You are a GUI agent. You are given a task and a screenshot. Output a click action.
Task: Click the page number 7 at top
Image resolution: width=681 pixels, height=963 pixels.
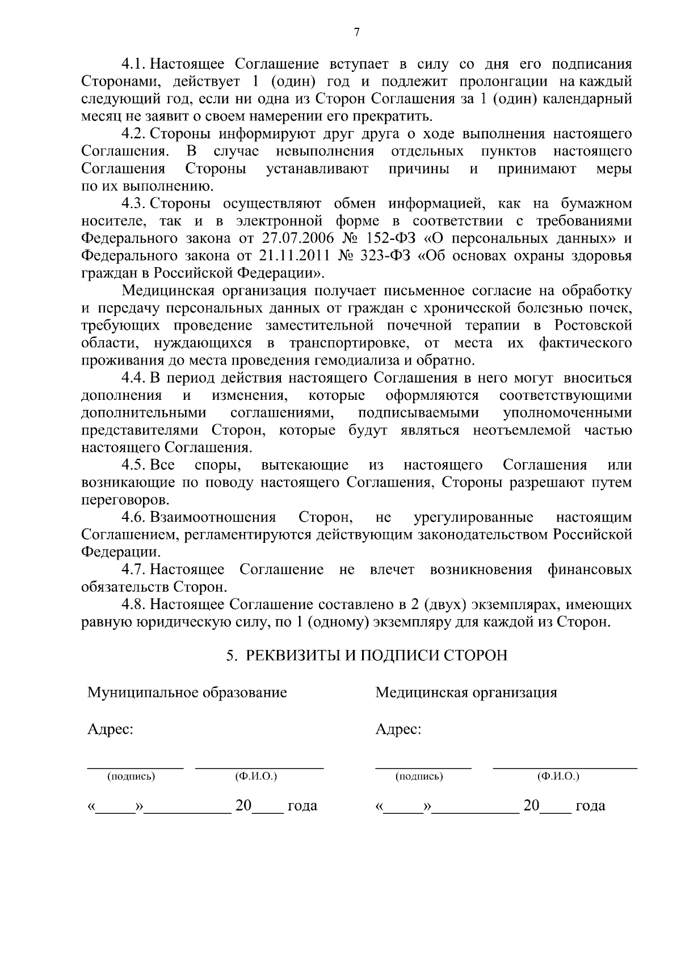356,33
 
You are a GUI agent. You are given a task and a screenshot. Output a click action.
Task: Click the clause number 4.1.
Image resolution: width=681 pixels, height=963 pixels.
134,64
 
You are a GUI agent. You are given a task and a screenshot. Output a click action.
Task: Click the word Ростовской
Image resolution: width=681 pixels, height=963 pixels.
593,326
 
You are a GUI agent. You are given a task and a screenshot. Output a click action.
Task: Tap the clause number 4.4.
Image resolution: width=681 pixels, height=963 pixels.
134,378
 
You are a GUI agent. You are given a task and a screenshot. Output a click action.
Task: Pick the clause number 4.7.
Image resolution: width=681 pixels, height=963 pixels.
134,569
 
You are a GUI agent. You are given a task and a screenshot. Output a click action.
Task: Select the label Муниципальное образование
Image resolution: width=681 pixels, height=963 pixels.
187,692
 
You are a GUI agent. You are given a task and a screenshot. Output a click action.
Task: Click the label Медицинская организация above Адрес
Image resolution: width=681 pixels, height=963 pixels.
466,692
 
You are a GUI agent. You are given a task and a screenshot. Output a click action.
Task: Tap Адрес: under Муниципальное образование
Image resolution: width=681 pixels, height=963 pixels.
110,729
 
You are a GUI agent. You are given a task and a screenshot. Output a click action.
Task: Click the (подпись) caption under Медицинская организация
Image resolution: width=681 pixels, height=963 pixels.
419,776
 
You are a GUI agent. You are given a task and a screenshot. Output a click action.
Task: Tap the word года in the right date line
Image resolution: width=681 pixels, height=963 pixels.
590,806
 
